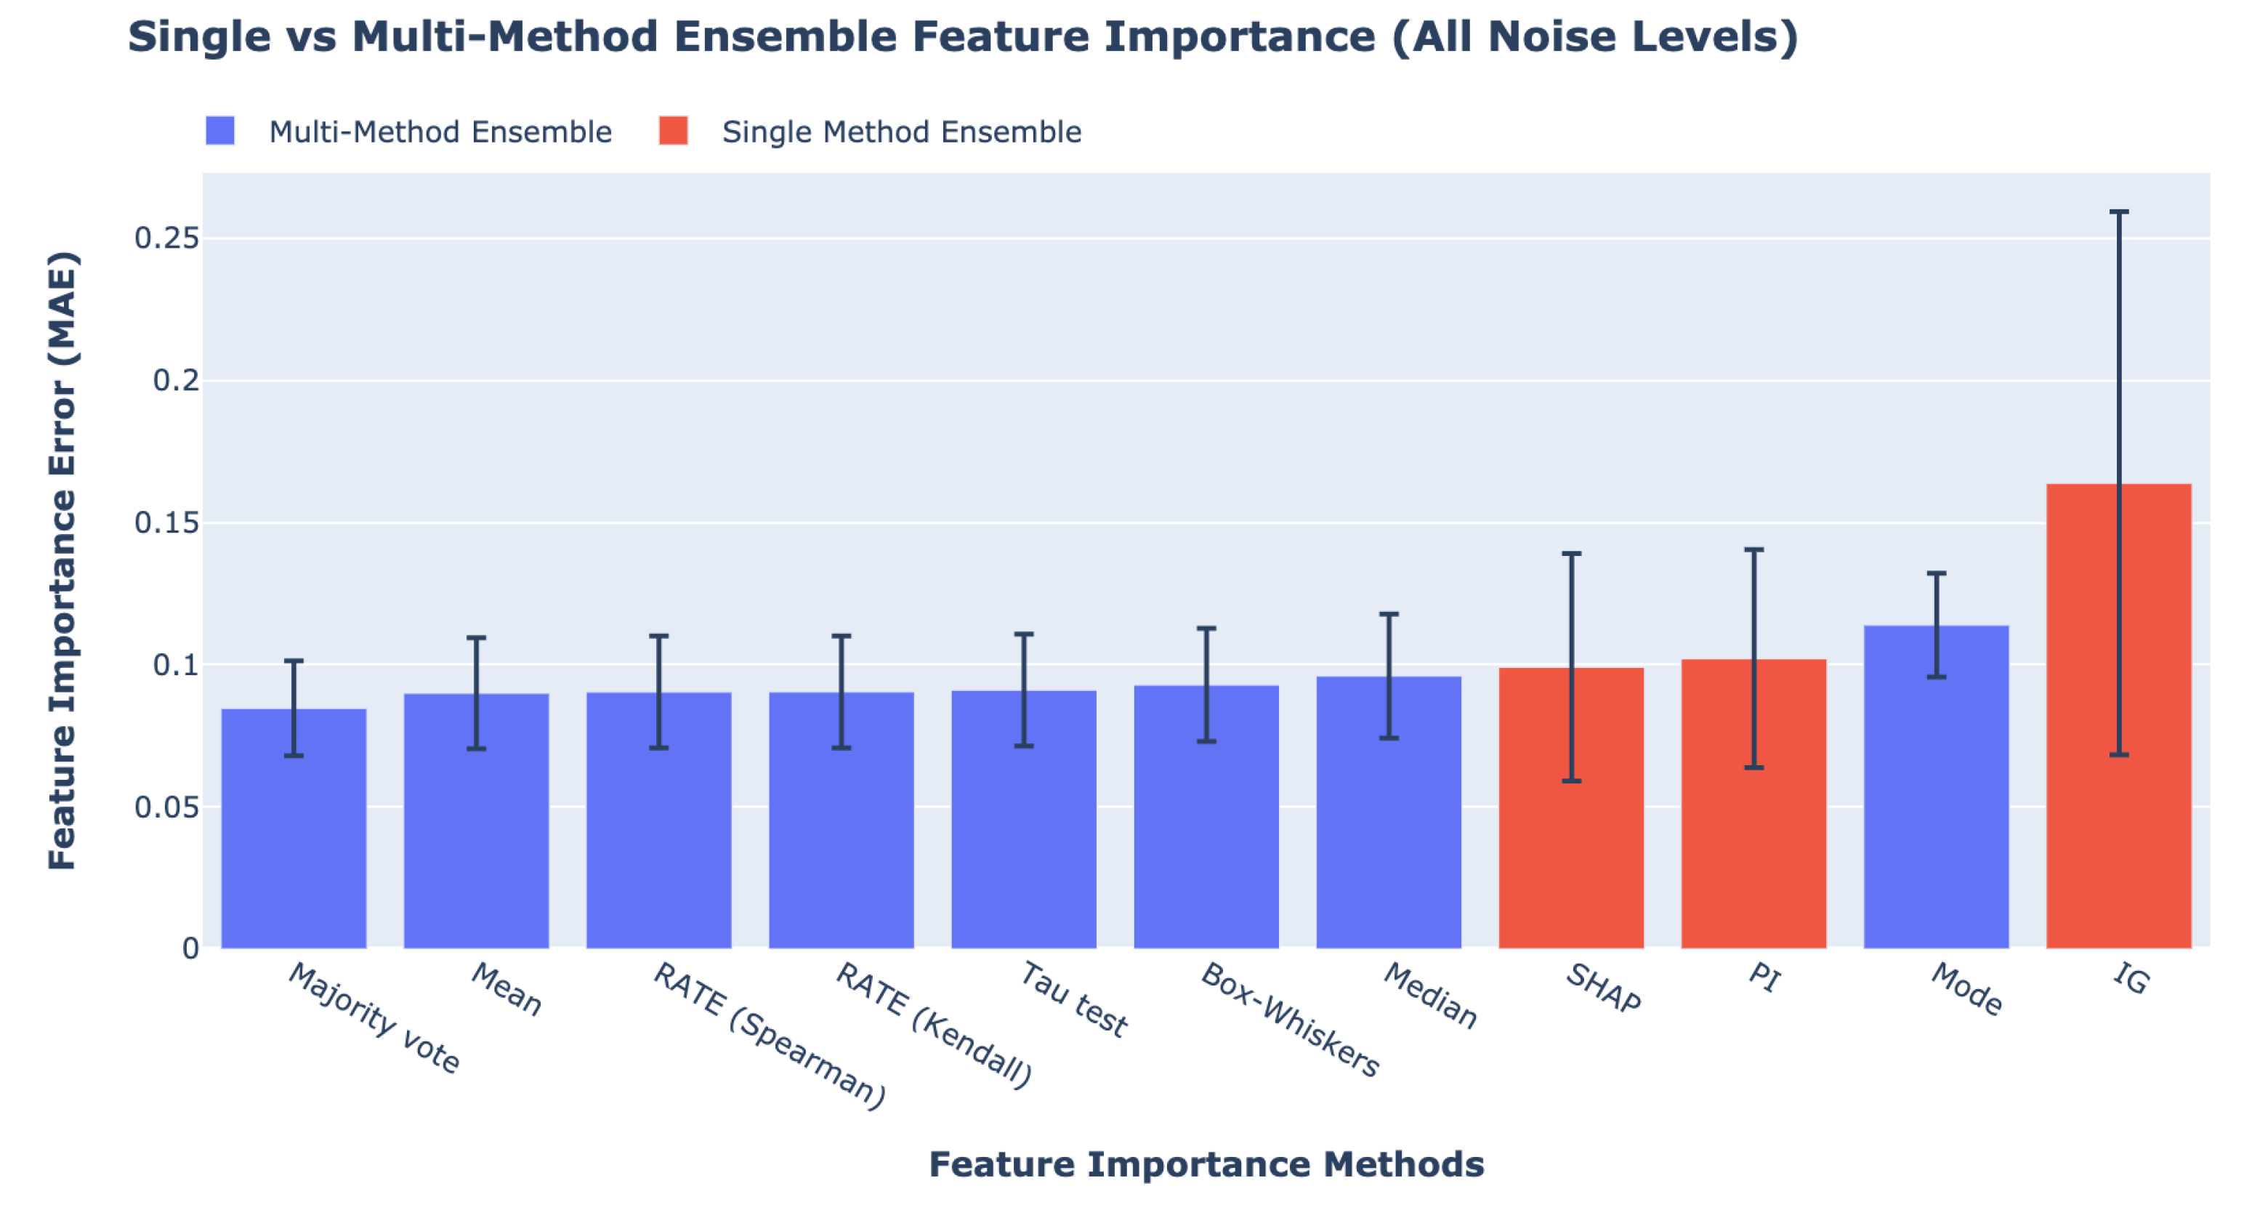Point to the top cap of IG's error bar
pyautogui.click(x=2118, y=211)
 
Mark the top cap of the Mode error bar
pyautogui.click(x=1936, y=573)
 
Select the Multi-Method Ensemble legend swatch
pyautogui.click(x=219, y=131)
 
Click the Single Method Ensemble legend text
pyautogui.click(x=901, y=132)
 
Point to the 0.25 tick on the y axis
pyautogui.click(x=166, y=237)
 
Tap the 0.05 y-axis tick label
pyautogui.click(x=166, y=807)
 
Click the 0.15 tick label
pyautogui.click(x=166, y=522)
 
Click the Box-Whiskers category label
pyautogui.click(x=1290, y=1019)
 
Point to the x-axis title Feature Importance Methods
pyautogui.click(x=1206, y=1165)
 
